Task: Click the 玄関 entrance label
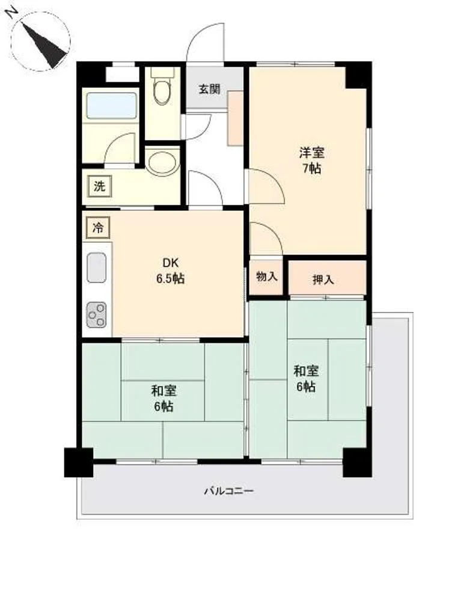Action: point(209,90)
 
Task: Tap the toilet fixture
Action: point(162,85)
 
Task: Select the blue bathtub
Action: point(112,105)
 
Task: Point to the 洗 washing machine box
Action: point(99,186)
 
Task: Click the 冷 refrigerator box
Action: point(98,228)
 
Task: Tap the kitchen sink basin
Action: point(97,267)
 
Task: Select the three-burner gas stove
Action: point(96,315)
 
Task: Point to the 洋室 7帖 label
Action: point(311,160)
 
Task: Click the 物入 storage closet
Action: point(266,277)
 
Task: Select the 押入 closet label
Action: point(323,280)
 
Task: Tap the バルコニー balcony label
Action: point(228,490)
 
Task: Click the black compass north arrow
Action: point(45,45)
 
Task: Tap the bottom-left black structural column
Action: point(79,462)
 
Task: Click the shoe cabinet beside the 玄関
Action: point(235,118)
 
